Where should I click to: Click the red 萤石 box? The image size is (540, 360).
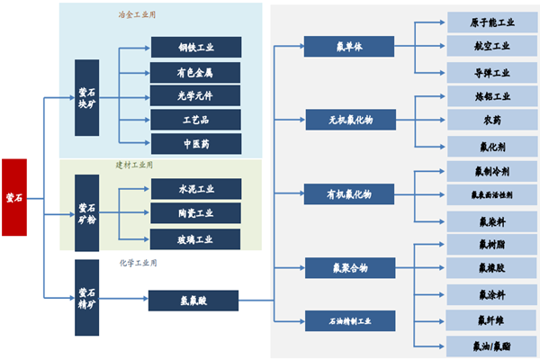14,197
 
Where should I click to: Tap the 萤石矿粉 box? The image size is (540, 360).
87,211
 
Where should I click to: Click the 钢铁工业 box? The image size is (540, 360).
195,48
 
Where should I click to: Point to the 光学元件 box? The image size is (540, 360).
195,95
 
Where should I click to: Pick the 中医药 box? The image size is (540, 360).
195,143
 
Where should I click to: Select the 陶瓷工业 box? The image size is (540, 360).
195,213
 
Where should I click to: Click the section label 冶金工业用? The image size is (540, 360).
135,15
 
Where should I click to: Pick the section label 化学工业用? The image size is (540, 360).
138,264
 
